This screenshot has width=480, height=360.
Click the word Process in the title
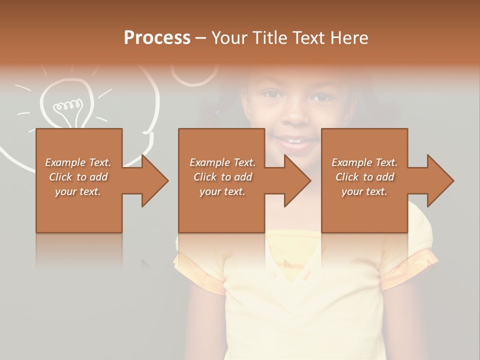click(x=157, y=38)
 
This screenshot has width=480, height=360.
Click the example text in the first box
click(x=78, y=177)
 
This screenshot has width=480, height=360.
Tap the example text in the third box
click(x=364, y=177)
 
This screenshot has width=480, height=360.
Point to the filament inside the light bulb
click(x=67, y=105)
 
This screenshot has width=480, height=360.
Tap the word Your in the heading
click(x=229, y=38)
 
